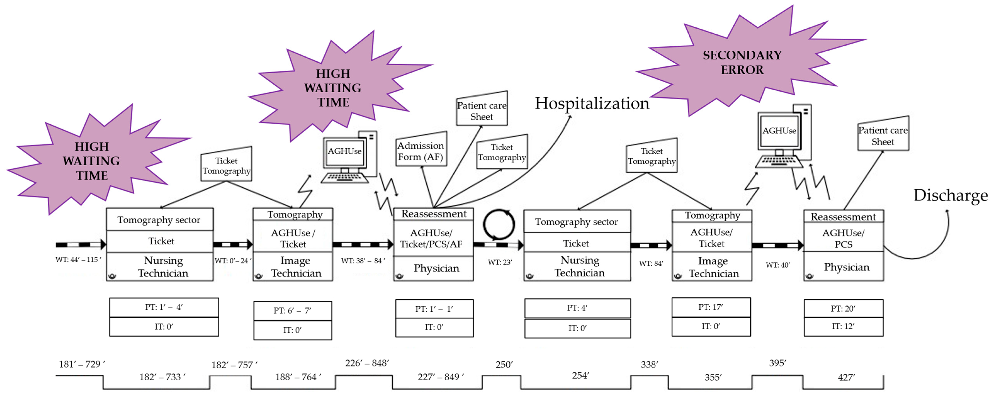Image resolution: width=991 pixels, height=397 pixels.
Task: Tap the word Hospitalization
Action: (592, 104)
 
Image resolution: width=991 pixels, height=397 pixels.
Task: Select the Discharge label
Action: (950, 196)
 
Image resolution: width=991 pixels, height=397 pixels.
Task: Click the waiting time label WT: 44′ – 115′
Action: (78, 260)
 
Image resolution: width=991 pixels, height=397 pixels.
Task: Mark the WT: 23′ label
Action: (500, 262)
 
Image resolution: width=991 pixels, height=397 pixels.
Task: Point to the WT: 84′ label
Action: (651, 264)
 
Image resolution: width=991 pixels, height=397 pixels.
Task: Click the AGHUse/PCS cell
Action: (843, 239)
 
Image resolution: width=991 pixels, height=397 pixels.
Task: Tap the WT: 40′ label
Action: (777, 265)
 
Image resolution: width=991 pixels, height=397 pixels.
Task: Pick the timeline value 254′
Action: (580, 375)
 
